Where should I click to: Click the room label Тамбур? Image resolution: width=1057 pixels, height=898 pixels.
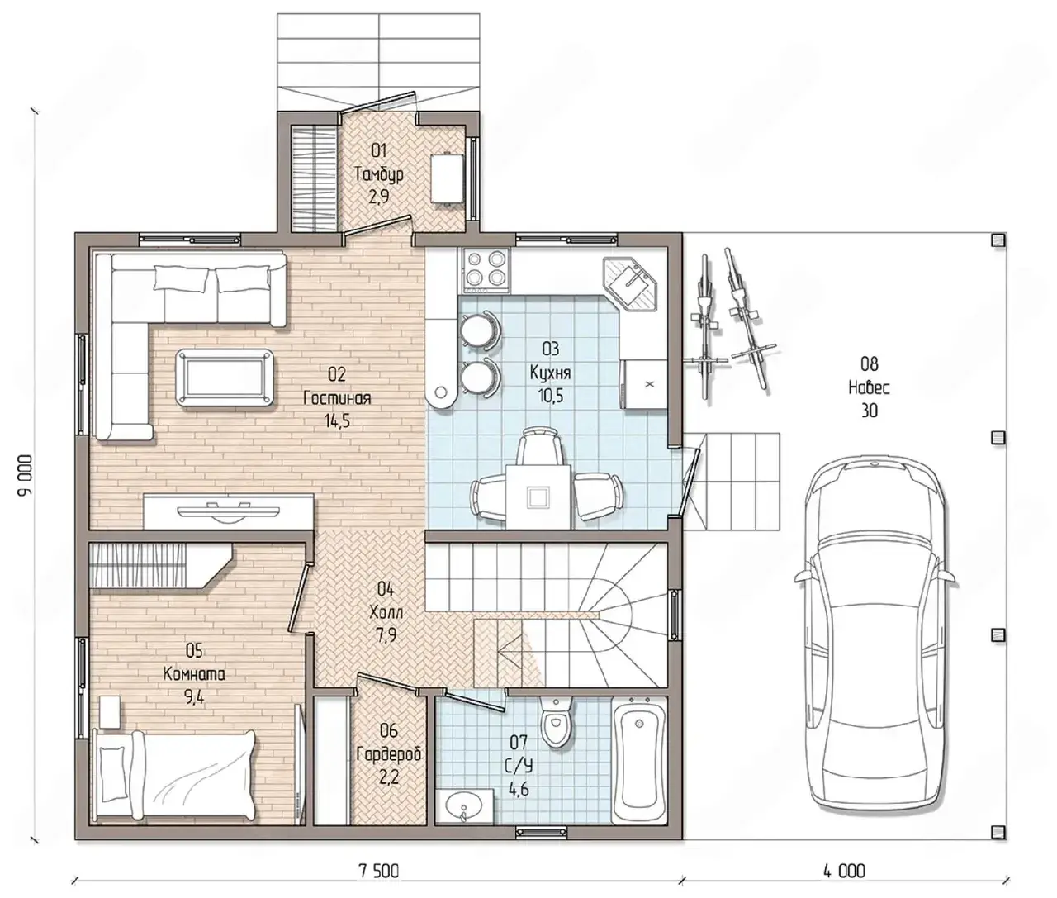(379, 174)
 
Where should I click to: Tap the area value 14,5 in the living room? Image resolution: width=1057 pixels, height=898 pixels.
(337, 420)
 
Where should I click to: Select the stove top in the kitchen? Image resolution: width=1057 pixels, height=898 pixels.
(486, 270)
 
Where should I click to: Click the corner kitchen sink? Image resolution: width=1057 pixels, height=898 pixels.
(630, 283)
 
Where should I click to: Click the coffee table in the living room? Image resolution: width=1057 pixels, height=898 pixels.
(224, 378)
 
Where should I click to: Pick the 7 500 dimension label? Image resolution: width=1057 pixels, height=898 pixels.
(379, 872)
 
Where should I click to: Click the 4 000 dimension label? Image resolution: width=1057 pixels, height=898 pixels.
(844, 872)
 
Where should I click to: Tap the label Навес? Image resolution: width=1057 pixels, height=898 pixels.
(869, 387)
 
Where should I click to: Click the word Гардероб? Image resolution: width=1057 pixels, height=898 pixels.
(389, 754)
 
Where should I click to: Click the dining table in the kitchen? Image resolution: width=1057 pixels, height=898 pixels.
(538, 496)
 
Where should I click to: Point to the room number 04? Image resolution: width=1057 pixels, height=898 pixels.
(385, 590)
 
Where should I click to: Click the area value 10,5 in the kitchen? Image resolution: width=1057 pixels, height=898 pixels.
(550, 396)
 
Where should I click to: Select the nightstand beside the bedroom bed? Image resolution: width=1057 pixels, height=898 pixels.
(111, 712)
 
